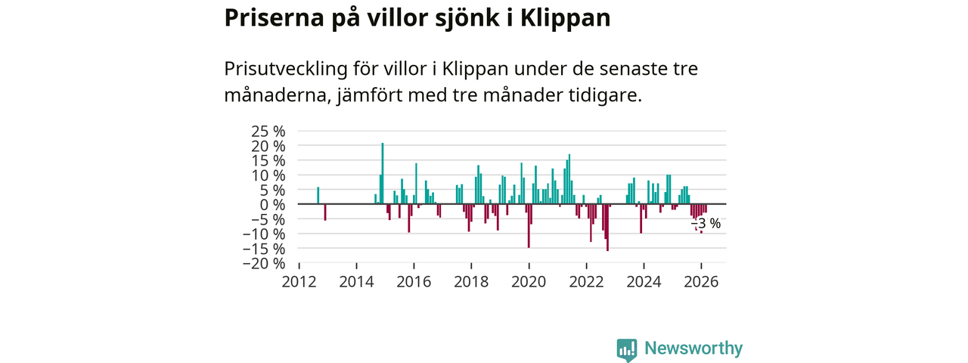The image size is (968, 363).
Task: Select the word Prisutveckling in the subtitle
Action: pos(290,69)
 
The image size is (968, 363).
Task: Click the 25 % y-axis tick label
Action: pos(268,131)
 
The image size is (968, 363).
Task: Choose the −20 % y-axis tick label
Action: pos(264,263)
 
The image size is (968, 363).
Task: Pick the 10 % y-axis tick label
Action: pos(268,175)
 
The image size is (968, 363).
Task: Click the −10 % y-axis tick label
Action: pos(264,234)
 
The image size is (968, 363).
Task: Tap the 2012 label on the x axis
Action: pos(299,282)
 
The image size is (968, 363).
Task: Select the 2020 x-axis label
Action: pos(529,282)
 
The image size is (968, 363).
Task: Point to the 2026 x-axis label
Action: pos(701,282)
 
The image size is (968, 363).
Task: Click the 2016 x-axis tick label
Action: pos(414,282)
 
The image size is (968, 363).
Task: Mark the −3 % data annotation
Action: pos(706,224)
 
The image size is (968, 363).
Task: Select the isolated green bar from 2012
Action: pos(318,195)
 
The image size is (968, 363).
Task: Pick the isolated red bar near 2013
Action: pos(325,213)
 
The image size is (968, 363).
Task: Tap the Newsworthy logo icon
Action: pos(627,349)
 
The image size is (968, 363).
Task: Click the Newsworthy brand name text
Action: pos(693,349)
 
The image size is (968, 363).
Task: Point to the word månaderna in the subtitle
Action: pos(269,96)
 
